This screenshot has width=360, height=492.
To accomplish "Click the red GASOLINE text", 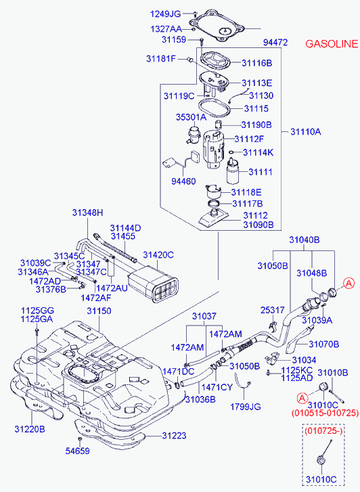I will coord(332,44).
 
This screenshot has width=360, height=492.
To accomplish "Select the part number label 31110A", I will coord(306,132).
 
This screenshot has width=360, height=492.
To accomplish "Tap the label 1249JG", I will coord(165,14).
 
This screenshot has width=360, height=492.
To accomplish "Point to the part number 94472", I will coord(274,42).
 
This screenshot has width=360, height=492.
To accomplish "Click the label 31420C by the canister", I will coord(158,255).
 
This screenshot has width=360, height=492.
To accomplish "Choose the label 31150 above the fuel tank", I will coord(98,311).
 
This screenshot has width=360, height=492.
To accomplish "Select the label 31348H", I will coord(88,213).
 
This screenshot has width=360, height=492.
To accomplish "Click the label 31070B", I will coord(323,344).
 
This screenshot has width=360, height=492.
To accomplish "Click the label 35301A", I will coord(190,117).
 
